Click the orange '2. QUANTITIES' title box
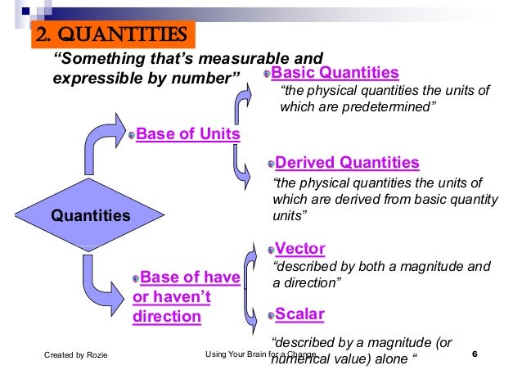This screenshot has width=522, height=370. (x=114, y=36)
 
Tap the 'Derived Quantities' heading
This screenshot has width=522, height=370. (x=348, y=162)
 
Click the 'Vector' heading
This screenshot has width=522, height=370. (x=300, y=249)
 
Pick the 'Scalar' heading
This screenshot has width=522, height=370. (x=300, y=314)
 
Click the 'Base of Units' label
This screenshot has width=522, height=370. (x=188, y=133)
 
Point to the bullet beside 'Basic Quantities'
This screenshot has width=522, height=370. (x=268, y=74)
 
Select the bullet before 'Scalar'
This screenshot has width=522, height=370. (x=271, y=315)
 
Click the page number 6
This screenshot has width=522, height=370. (x=475, y=354)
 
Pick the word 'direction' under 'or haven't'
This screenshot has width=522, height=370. (x=167, y=316)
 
